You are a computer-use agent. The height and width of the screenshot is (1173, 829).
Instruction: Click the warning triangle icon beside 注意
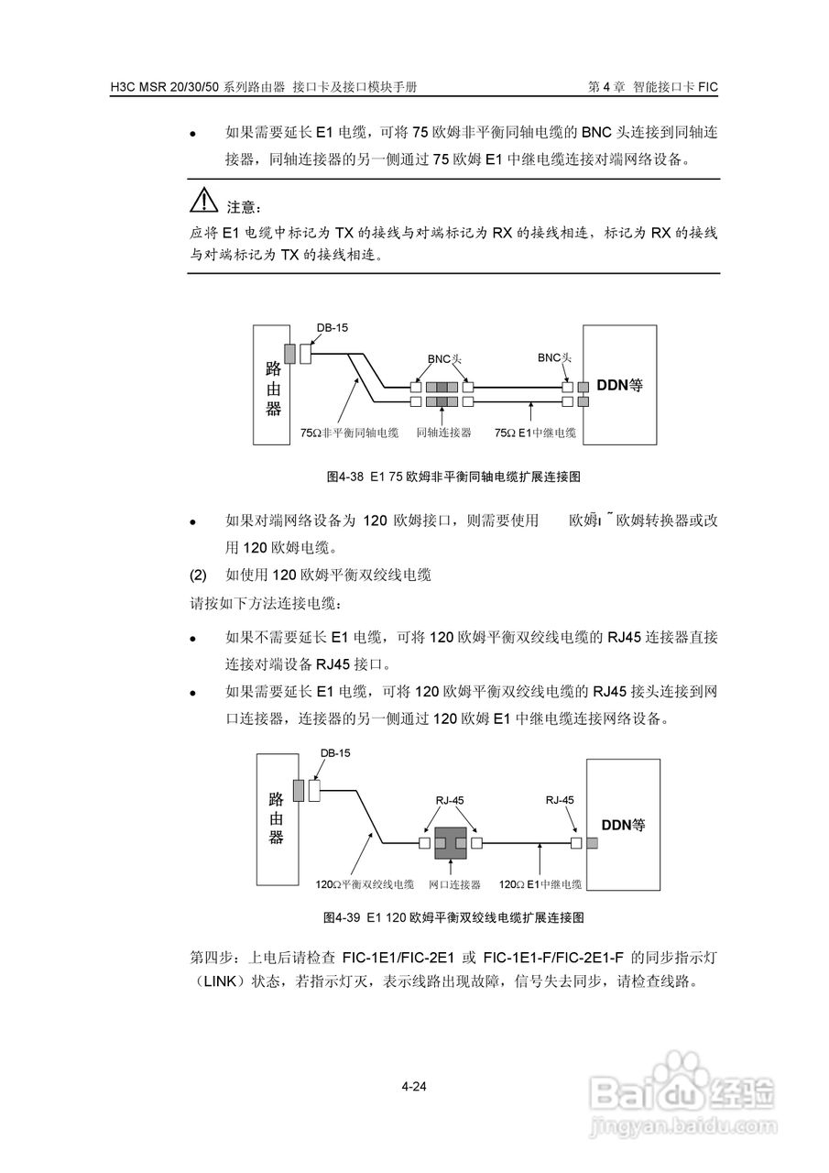204,201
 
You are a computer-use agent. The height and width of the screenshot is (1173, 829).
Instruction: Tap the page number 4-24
414,1088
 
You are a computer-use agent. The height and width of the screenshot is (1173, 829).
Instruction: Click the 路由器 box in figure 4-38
272,386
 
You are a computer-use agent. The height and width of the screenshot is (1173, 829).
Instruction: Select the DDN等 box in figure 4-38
620,386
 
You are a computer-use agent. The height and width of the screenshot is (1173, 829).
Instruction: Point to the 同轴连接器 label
443,432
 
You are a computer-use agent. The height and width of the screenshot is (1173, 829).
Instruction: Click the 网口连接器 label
454,884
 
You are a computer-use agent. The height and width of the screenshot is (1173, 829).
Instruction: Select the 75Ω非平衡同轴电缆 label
350,432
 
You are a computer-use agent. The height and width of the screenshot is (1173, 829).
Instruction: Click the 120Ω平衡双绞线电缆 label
365,884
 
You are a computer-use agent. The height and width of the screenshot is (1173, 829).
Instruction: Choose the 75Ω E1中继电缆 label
535,432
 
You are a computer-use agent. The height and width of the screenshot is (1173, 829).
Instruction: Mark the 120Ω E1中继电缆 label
540,884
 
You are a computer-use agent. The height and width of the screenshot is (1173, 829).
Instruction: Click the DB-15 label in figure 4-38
333,327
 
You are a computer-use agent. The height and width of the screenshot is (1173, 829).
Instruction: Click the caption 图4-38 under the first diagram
454,477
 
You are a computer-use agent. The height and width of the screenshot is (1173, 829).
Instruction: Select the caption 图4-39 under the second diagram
453,916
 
